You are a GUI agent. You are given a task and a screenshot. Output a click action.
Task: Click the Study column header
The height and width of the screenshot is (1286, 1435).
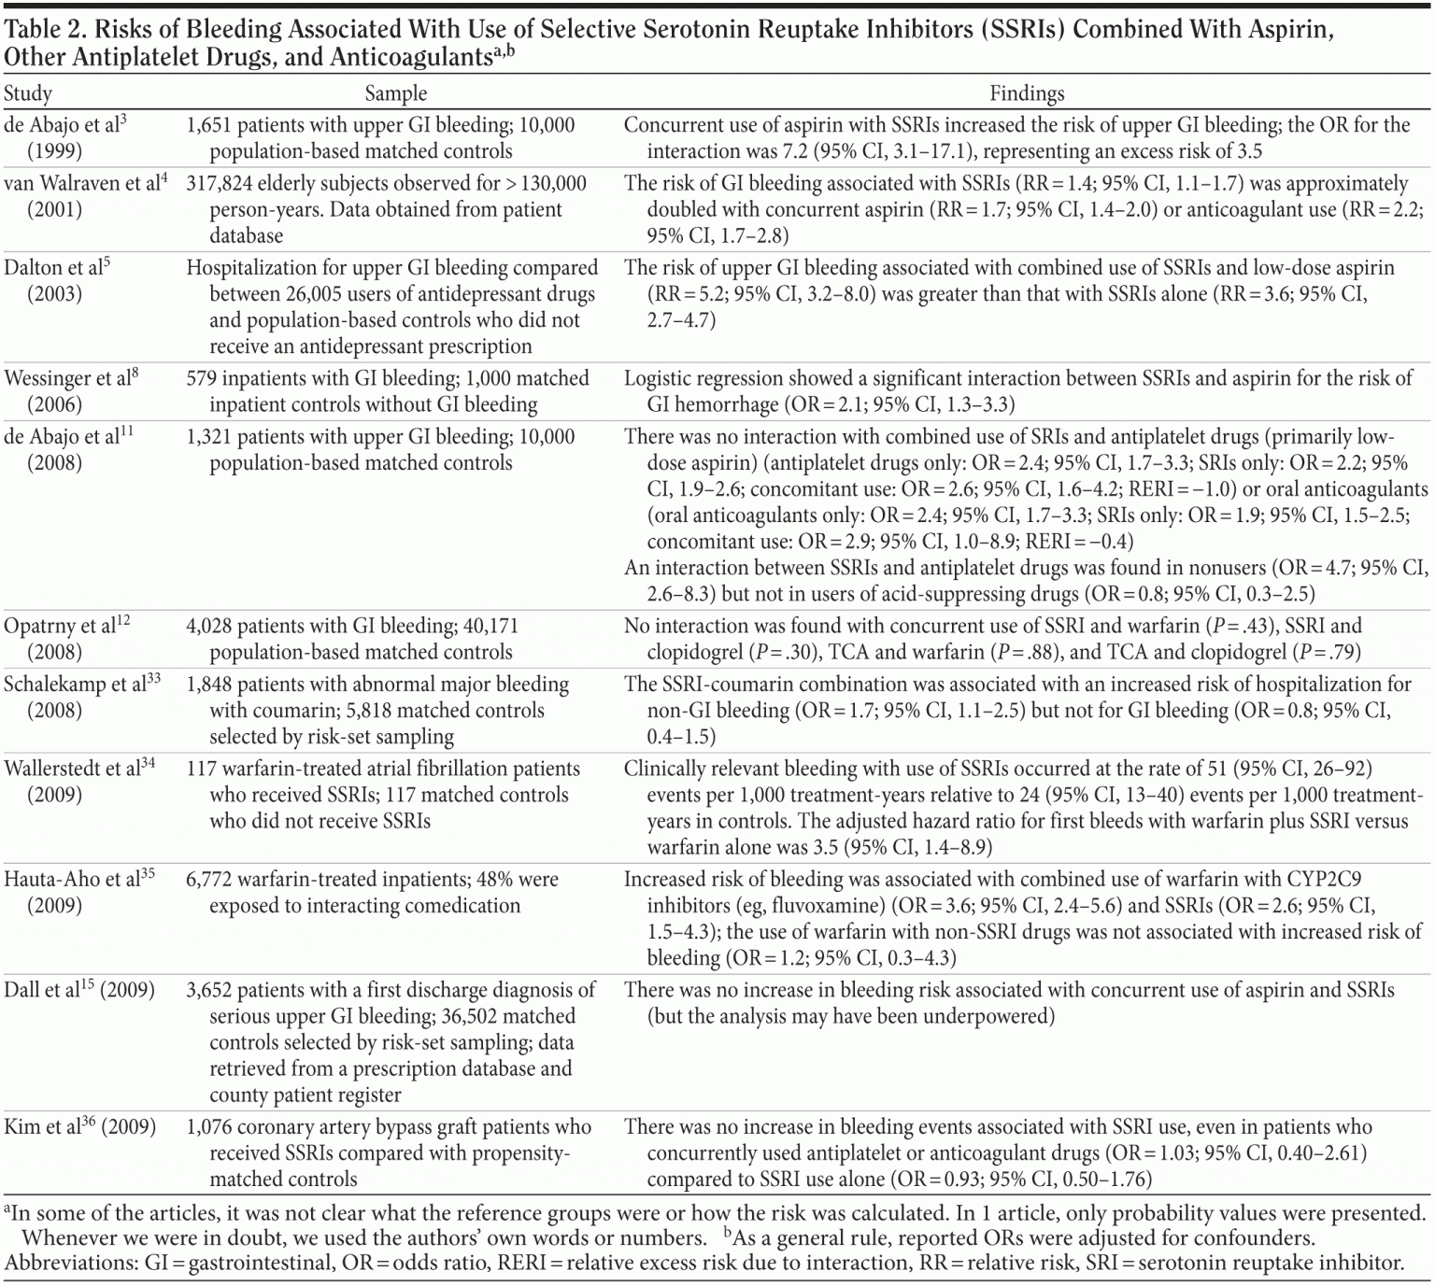tap(28, 93)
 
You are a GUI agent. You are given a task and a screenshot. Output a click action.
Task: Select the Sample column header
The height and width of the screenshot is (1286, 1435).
tap(395, 93)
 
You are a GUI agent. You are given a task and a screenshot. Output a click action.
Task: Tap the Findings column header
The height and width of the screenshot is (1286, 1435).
tap(1026, 93)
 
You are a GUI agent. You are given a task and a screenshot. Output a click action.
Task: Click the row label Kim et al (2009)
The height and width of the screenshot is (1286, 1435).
tap(79, 1127)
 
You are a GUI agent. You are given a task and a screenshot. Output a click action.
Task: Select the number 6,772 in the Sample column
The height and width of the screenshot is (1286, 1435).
tap(212, 880)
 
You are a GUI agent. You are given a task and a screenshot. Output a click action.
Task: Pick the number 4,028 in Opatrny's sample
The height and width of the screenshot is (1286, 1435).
tap(212, 627)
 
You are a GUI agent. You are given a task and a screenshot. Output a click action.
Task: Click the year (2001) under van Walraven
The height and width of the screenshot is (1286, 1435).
tap(54, 210)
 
